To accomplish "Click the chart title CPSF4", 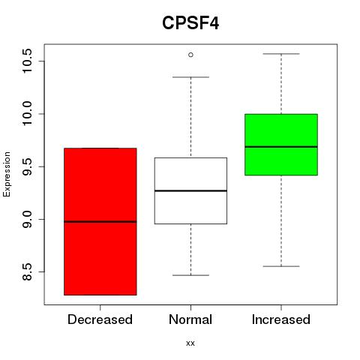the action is point(190,23).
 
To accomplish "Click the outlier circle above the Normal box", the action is point(190,55).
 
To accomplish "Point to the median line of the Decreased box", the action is point(100,221).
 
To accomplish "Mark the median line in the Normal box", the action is point(190,190).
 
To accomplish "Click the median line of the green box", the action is point(281,147).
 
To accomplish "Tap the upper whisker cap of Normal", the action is point(190,77).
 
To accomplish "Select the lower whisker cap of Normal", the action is point(190,275).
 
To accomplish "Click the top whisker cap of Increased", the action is point(281,54).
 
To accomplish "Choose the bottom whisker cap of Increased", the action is point(281,266).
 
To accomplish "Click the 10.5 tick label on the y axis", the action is point(27,61).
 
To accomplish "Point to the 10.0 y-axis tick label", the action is point(27,114).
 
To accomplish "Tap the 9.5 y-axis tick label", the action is point(27,166).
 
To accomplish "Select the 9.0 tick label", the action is point(27,219).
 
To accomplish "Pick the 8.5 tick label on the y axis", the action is point(27,271).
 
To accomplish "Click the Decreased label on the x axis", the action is point(100,319).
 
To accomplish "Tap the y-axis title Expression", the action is point(7,174).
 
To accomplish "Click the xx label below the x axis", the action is point(190,343).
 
